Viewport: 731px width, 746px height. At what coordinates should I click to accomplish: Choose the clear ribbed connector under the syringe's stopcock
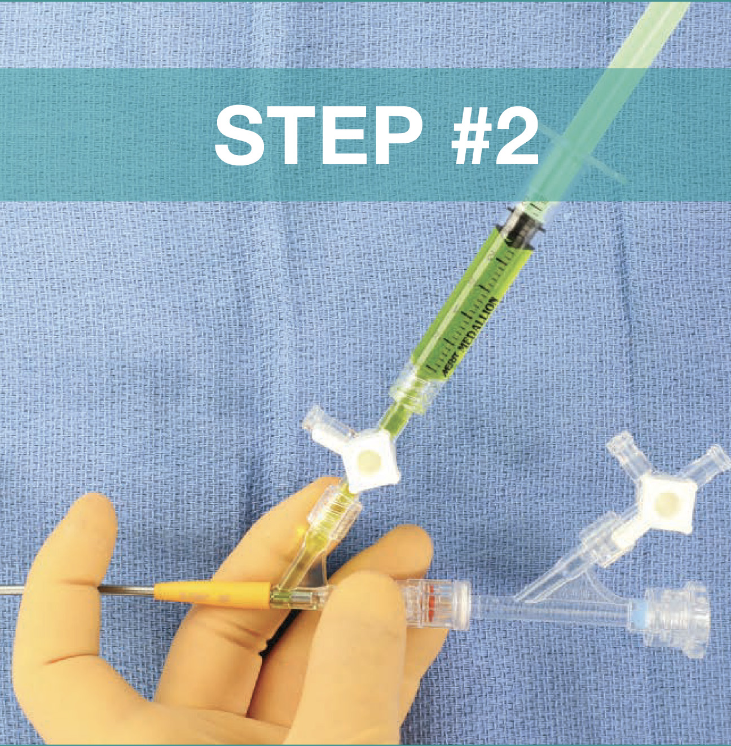338,508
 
